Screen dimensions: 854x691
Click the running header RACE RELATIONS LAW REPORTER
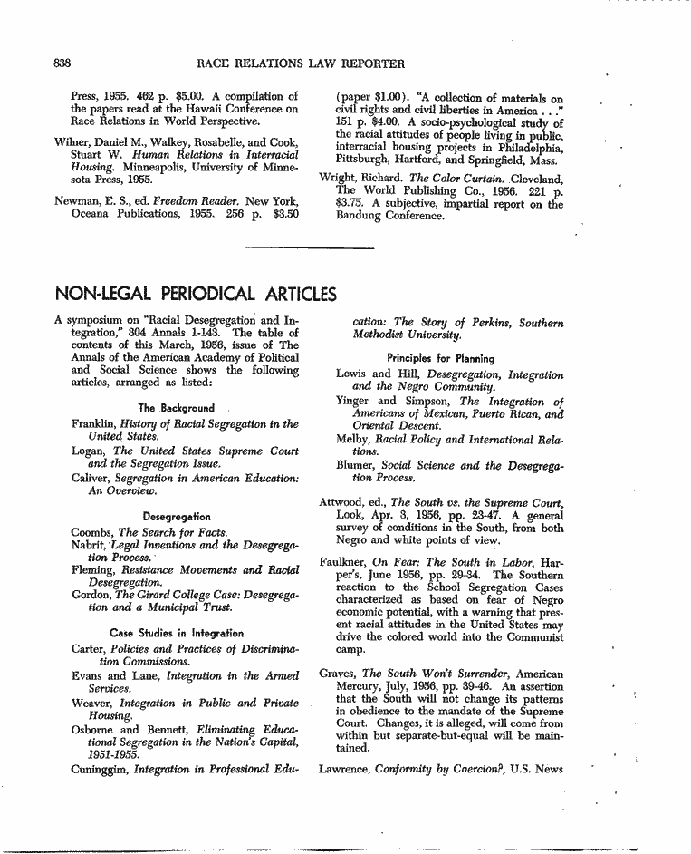point(300,63)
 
